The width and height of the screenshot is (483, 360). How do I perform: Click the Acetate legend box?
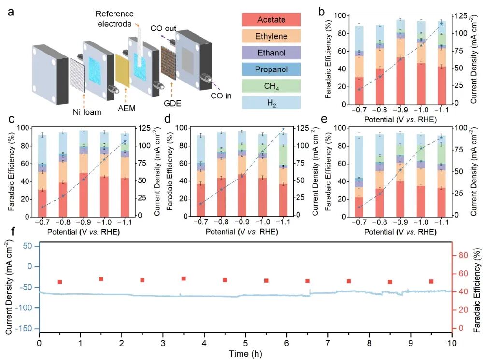point(271,20)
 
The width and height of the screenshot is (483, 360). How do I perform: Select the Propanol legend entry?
point(271,69)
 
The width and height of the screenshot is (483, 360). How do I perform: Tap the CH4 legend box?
point(271,86)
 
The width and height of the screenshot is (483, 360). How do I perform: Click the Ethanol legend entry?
point(271,53)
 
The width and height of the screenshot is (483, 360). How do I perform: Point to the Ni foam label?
point(87,112)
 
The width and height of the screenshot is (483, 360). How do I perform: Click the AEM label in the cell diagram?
point(127,108)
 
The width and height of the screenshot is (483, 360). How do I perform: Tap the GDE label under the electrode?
point(172,103)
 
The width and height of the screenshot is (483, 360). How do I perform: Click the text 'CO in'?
point(221,96)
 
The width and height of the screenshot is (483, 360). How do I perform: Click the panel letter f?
point(13,231)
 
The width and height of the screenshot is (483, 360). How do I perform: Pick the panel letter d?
point(168,119)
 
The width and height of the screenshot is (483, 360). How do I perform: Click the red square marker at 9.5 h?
point(431,281)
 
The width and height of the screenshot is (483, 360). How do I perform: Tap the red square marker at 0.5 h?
point(60,282)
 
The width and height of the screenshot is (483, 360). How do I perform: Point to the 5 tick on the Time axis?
point(245,343)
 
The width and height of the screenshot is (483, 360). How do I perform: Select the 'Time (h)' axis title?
point(245,354)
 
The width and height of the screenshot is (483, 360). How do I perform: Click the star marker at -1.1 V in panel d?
point(283,129)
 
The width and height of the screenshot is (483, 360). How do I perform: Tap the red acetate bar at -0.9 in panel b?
point(400,81)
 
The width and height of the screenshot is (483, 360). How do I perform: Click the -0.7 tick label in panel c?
point(42,222)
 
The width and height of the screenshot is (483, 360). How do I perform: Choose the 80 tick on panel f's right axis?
point(463,255)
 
